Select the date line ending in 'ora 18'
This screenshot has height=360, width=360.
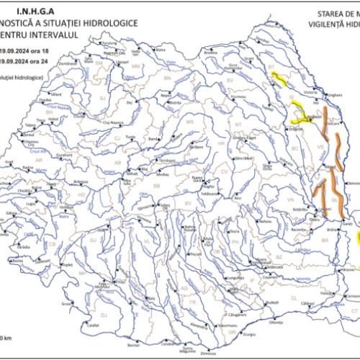click(25, 50)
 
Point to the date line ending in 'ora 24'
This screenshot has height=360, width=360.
click(25, 63)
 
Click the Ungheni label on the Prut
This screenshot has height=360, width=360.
click(334, 96)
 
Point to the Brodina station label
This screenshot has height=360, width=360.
click(211, 53)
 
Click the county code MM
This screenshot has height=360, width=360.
click(136, 67)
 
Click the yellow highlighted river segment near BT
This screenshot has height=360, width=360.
click(278, 78)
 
